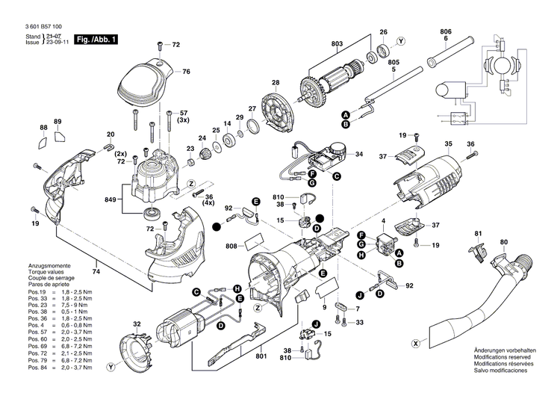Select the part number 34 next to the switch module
coord(358,155)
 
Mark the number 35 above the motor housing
coord(448,143)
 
